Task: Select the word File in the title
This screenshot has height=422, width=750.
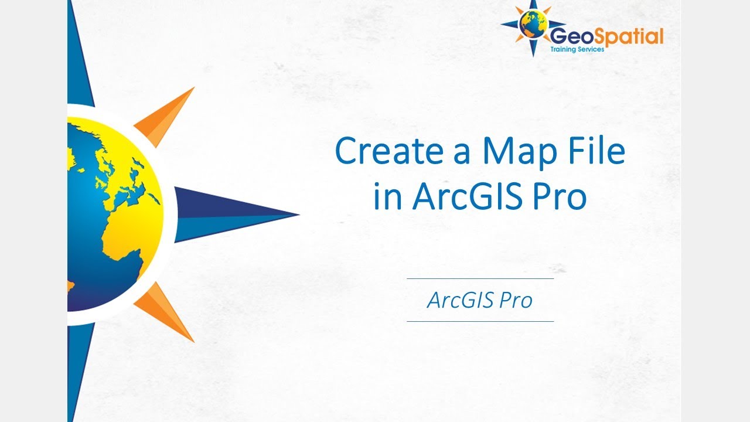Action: (x=598, y=152)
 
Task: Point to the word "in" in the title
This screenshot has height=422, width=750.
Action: (x=387, y=198)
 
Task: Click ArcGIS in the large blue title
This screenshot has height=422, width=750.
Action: (x=469, y=198)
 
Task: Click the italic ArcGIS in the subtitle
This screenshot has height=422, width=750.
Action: (x=460, y=300)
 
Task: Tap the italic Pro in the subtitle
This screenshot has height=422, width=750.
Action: (x=516, y=300)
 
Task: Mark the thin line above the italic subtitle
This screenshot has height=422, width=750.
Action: (x=480, y=278)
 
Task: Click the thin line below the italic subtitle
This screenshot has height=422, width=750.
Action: (x=480, y=321)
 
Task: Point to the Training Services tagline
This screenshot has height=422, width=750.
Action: (x=577, y=50)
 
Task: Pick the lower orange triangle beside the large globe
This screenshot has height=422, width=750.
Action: (x=167, y=311)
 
